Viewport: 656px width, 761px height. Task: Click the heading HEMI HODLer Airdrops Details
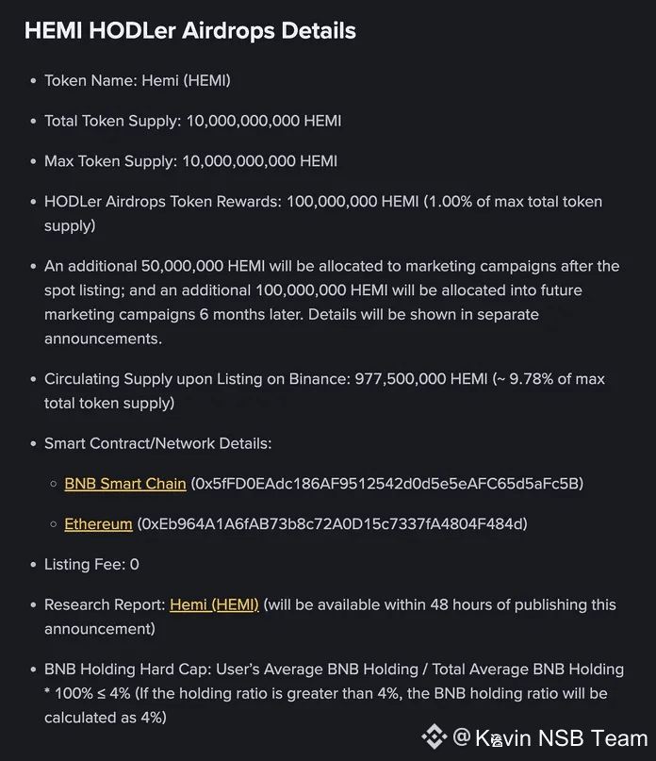tap(189, 30)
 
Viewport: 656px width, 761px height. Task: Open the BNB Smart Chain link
tap(125, 484)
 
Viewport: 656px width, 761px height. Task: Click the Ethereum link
tap(98, 523)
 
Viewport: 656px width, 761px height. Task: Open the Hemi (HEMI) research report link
tap(214, 604)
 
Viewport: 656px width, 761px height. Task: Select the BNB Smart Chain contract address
tap(387, 484)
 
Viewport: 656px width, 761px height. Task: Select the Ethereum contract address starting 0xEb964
tap(333, 523)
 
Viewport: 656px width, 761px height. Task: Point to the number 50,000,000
tap(183, 266)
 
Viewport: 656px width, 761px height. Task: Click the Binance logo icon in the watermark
tap(434, 736)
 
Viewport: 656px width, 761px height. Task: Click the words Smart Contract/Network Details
tap(157, 443)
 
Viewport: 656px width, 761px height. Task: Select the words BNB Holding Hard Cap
tap(125, 670)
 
